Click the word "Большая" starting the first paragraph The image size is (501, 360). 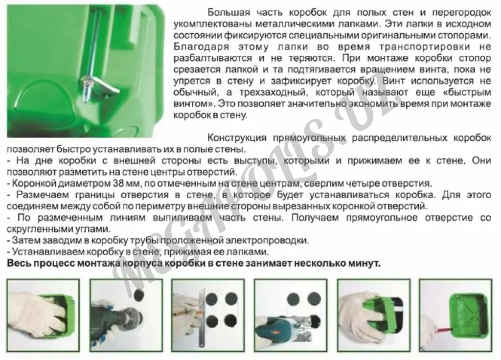pos(228,12)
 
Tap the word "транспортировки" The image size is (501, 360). pos(425,46)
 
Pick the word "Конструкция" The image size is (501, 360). pos(237,137)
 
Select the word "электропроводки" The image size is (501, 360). pos(266,240)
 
